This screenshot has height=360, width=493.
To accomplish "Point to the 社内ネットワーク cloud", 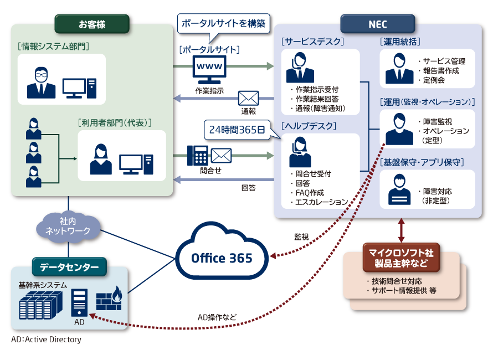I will coord(68,225).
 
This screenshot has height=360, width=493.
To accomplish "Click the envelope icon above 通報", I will coord(248,99).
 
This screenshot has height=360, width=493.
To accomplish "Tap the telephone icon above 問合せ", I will coord(197,156).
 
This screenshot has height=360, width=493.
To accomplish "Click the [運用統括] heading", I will coord(400,42).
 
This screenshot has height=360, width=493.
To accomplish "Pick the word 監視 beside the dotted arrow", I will coord(302,236).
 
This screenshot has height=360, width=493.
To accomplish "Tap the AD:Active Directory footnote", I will coord(45,340).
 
